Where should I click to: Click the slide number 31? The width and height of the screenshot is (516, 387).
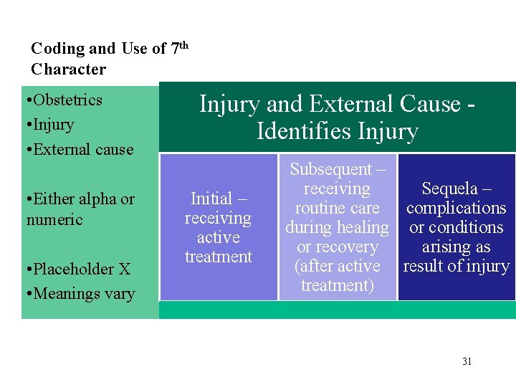click(x=467, y=361)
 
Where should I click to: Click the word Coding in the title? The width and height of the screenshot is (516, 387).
click(x=57, y=49)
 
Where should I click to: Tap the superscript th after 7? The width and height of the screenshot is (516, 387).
click(x=183, y=45)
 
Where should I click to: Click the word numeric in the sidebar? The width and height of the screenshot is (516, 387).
click(x=54, y=219)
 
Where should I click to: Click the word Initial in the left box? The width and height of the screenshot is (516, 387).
click(x=211, y=199)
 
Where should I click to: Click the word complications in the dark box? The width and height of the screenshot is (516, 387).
click(x=456, y=208)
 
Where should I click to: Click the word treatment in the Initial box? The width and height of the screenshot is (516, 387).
click(x=218, y=257)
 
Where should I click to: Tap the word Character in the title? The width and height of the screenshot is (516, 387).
click(x=68, y=70)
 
